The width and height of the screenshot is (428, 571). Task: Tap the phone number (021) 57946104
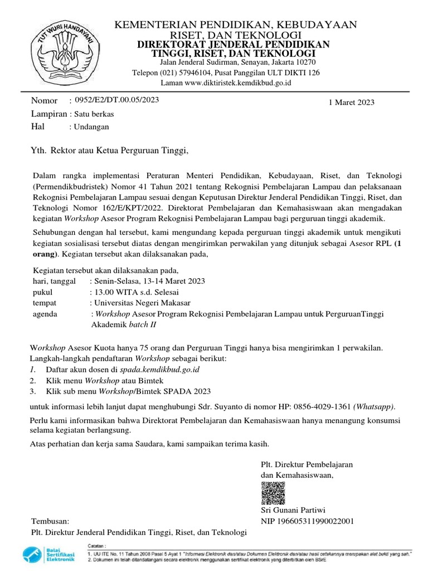pos(181,72)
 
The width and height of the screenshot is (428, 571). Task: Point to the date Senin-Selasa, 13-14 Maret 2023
pos(149,281)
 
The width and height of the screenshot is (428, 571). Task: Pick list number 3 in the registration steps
pos(33,390)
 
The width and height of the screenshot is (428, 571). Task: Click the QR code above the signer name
pos(271,491)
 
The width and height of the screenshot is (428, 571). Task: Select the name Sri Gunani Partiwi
pos(293,510)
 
